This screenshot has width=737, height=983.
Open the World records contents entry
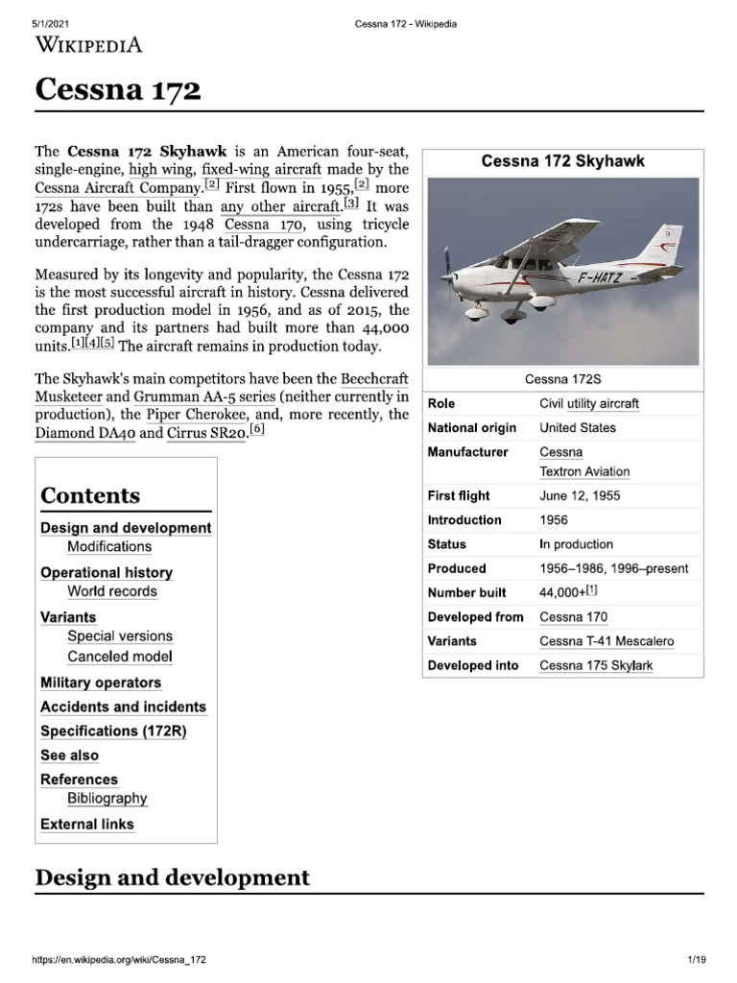111,591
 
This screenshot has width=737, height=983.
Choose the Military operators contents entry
101,683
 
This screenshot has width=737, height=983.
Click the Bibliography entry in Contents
107,798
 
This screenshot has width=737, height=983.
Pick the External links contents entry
87,824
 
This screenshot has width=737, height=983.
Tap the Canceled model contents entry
119,657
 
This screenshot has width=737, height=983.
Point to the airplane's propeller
446,272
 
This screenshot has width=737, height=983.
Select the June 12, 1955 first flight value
580,495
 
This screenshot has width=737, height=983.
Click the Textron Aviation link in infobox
584,471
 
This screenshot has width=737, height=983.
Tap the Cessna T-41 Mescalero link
606,641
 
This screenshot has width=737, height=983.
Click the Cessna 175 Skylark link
596,665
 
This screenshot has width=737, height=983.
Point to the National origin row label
471,427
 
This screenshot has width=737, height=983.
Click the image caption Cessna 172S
562,380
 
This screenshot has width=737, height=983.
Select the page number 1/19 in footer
696,959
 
